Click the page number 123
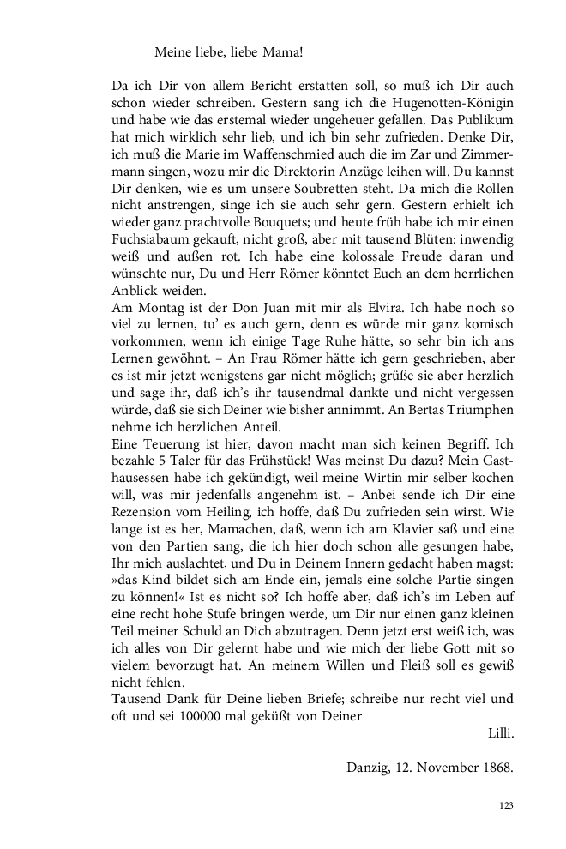(x=505, y=806)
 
